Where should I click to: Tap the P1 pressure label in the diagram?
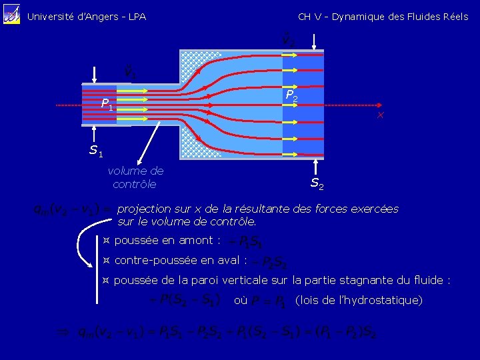[x=107, y=105]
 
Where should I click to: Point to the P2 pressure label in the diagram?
[x=291, y=96]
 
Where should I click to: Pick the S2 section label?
[x=317, y=183]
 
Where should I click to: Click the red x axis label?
[x=380, y=116]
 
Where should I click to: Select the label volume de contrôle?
[x=135, y=177]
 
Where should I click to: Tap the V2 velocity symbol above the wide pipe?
[x=288, y=41]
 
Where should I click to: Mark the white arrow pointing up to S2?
[x=317, y=165]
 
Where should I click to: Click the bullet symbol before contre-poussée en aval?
[x=105, y=260]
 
